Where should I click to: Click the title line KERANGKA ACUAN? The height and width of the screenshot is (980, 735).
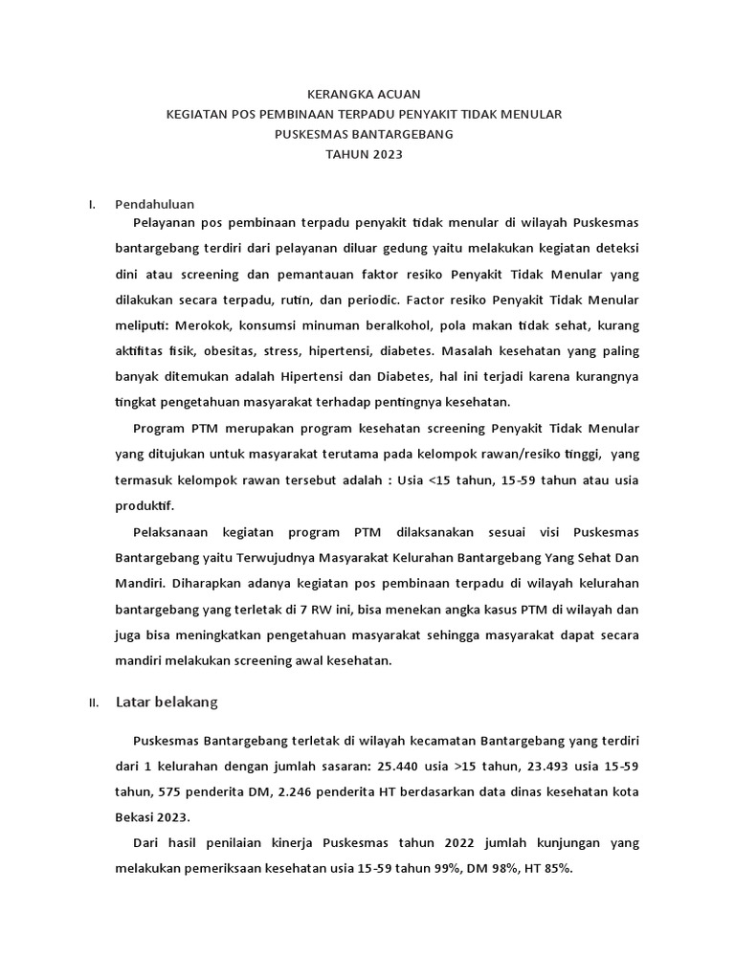pyautogui.click(x=363, y=94)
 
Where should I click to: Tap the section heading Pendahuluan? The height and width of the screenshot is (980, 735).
pyautogui.click(x=155, y=204)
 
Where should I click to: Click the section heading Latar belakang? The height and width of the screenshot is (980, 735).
pyautogui.click(x=167, y=702)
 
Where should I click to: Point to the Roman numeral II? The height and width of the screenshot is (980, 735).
pyautogui.click(x=94, y=703)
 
